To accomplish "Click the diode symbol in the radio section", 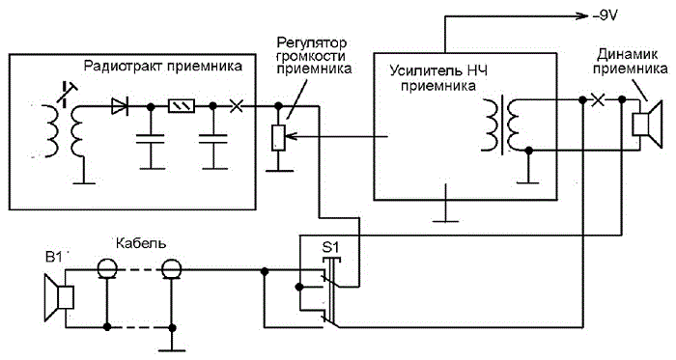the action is click(120, 106).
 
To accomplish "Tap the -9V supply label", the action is click(605, 16).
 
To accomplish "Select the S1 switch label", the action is click(330, 248).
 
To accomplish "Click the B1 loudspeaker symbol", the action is click(59, 297).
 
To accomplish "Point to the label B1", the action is click(53, 257).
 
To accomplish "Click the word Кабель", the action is click(141, 243).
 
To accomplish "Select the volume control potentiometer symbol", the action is click(278, 137).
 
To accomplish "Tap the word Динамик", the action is click(628, 54).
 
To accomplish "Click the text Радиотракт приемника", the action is click(163, 66).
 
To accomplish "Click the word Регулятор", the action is click(311, 42).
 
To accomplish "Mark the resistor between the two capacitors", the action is click(182, 105).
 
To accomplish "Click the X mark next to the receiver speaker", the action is click(598, 100).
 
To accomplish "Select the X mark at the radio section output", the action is click(237, 105).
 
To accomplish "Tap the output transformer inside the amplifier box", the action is click(502, 125).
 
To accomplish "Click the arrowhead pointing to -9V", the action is click(583, 16).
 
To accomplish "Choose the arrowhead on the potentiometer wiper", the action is click(291, 137).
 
